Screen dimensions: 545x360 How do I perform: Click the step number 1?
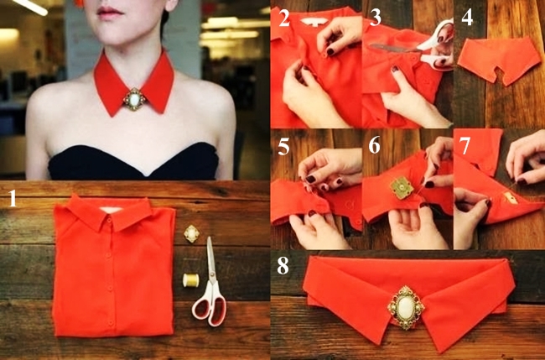(x=13, y=198)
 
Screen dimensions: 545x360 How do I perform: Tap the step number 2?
(x=284, y=18)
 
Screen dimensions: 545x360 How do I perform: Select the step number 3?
(x=376, y=18)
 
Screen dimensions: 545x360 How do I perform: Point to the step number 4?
(x=467, y=18)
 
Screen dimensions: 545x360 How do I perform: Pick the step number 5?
(x=283, y=147)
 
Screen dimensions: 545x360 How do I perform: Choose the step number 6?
(x=374, y=145)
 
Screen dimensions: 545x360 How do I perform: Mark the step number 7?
(x=465, y=145)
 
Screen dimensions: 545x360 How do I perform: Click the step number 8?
(x=283, y=265)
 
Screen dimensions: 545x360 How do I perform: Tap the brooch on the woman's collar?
(x=134, y=100)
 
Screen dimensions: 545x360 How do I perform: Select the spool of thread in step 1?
(x=191, y=280)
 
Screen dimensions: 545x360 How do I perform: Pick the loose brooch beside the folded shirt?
(x=191, y=234)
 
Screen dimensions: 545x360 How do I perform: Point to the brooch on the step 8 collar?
(x=406, y=307)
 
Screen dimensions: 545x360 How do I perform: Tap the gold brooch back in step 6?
(x=402, y=187)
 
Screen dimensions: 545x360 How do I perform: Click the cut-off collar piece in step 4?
(x=498, y=60)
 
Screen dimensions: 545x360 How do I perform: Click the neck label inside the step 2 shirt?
(x=314, y=22)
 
